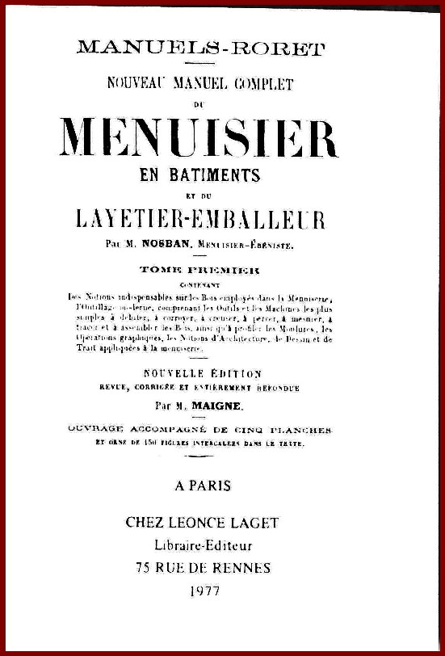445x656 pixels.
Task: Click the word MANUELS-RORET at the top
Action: coord(201,48)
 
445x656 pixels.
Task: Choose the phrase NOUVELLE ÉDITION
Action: coord(202,373)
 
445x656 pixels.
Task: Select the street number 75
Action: coord(145,567)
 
